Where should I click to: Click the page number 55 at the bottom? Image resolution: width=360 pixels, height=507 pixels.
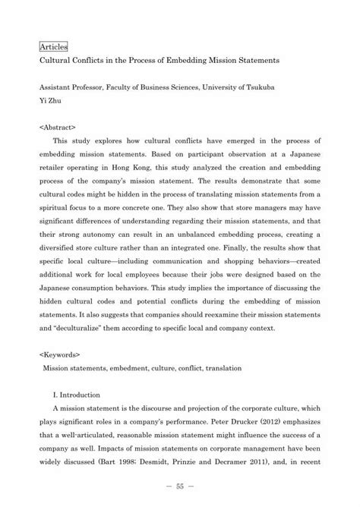coord(179,487)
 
